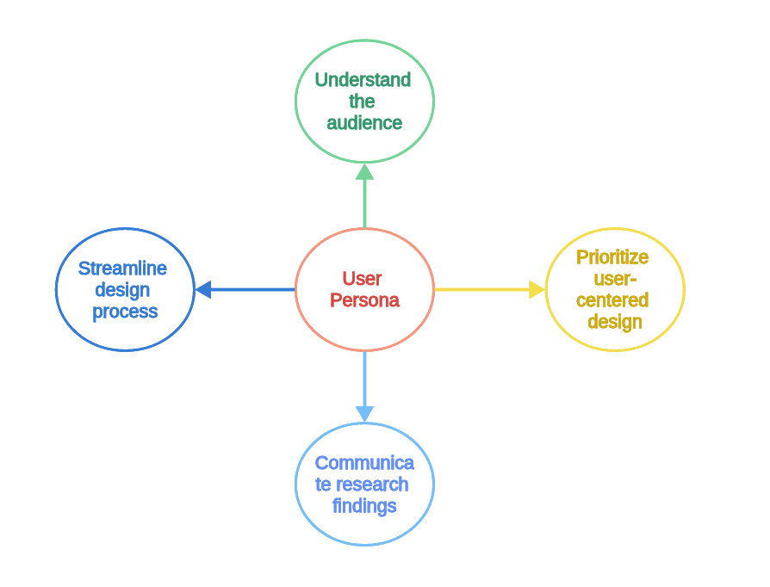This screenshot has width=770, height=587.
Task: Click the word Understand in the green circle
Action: click(x=363, y=79)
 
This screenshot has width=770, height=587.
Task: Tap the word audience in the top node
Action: click(x=364, y=123)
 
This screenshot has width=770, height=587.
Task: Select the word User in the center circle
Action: click(x=362, y=278)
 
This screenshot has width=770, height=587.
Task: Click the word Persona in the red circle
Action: click(x=364, y=300)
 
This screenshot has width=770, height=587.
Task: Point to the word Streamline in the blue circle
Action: click(x=123, y=269)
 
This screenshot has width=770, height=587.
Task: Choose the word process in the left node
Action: click(x=125, y=312)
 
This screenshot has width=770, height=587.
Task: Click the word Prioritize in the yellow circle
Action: click(x=612, y=257)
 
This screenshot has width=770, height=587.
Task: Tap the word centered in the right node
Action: click(x=612, y=300)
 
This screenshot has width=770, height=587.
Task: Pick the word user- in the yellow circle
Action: click(x=615, y=279)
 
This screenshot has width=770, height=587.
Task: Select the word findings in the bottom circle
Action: click(x=364, y=506)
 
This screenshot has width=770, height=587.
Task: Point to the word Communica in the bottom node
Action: click(x=364, y=463)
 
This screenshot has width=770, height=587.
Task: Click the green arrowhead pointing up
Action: click(x=364, y=172)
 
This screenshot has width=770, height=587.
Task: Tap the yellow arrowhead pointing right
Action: click(x=537, y=289)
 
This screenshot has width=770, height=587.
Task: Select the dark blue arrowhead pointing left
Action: click(x=203, y=289)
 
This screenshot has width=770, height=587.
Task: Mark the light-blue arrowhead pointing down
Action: click(x=364, y=414)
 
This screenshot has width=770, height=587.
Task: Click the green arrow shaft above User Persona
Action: click(x=364, y=204)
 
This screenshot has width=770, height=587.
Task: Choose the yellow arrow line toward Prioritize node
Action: click(x=482, y=289)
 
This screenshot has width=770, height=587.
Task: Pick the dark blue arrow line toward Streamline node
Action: click(x=253, y=289)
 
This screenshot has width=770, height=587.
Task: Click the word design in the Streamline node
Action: click(x=122, y=291)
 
